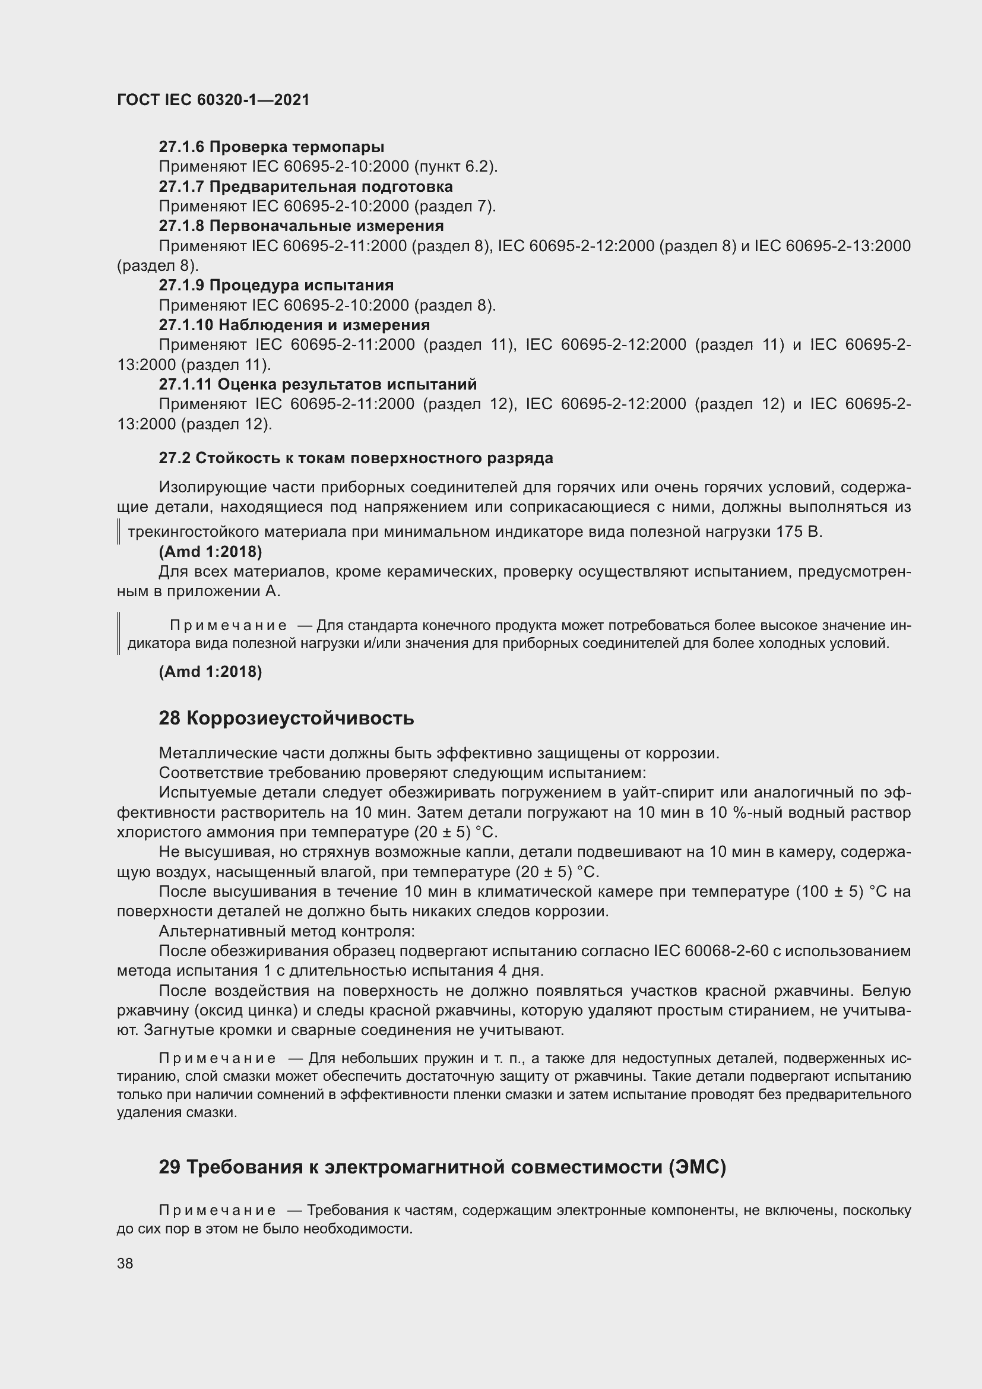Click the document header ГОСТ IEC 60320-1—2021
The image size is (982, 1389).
tap(213, 100)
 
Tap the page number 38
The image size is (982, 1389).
tap(125, 1263)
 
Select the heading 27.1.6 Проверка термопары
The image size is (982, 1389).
tap(271, 147)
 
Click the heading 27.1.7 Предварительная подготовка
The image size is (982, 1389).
tap(305, 186)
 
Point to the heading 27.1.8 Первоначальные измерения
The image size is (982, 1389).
tap(301, 226)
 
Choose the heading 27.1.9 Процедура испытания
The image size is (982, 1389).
tap(275, 285)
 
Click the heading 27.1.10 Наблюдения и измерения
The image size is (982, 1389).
tap(294, 325)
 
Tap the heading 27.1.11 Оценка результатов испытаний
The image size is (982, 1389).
tap(318, 384)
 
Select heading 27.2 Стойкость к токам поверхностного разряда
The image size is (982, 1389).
tap(356, 458)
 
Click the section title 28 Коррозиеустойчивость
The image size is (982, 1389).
tap(286, 718)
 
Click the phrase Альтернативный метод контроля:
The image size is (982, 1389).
tap(287, 931)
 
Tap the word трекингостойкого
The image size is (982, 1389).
tap(193, 531)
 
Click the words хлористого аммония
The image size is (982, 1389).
tap(194, 832)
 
